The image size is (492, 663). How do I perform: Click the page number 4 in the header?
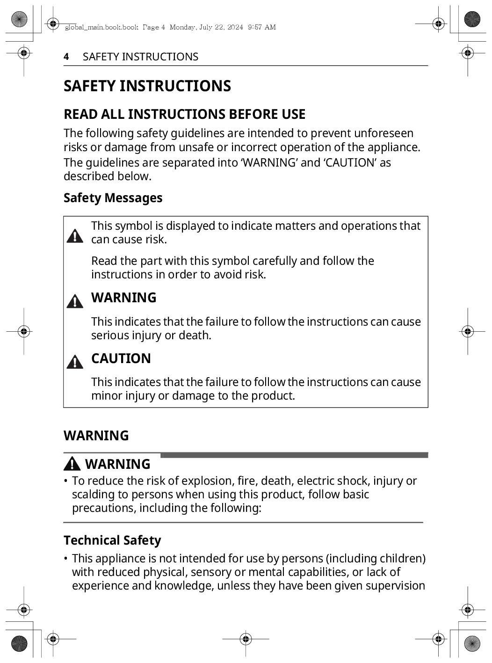click(66, 57)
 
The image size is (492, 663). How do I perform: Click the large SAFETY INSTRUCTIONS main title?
click(147, 86)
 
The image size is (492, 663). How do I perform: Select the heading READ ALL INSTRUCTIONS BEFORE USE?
click(184, 114)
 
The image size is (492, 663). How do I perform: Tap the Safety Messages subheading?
click(113, 198)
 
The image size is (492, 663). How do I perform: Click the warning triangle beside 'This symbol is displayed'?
click(75, 236)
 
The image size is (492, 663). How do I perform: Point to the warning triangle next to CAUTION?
click(75, 362)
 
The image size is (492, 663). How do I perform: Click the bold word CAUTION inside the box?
click(121, 358)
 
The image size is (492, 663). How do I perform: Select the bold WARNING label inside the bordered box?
click(123, 298)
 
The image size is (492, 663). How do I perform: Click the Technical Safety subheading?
click(112, 540)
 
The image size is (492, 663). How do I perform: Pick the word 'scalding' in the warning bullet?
click(93, 495)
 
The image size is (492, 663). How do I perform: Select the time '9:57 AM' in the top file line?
click(261, 27)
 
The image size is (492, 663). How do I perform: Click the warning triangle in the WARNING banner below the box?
click(72, 464)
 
